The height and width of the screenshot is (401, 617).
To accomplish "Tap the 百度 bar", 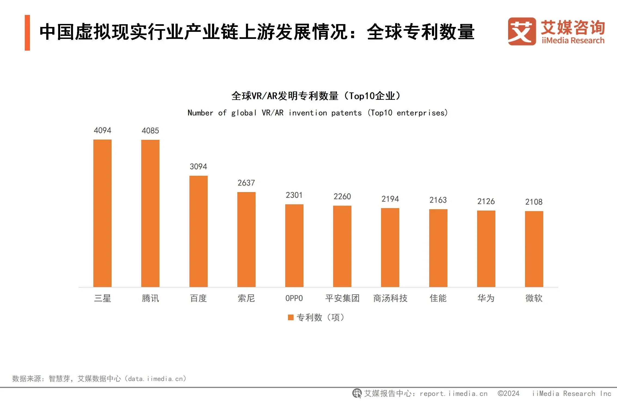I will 198,231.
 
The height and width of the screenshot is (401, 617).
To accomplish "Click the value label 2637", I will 246,183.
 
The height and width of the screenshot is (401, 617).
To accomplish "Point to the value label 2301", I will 294,195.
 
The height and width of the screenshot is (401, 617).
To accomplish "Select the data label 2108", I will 534,202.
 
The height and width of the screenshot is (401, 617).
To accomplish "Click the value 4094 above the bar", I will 102,130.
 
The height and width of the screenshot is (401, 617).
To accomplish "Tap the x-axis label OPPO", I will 294,298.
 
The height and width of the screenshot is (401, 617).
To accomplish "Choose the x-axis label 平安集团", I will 342,298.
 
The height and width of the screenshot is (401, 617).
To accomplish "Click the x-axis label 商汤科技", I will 390,298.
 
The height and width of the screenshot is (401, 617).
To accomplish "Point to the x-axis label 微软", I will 534,298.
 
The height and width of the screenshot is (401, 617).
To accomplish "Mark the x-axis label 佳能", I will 438,298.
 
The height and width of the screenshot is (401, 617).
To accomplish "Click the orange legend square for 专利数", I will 291,317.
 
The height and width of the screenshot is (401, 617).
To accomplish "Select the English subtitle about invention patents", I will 317,113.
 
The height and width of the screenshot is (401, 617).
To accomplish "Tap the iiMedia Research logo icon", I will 521,31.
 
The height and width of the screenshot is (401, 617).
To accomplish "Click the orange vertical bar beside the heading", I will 27,33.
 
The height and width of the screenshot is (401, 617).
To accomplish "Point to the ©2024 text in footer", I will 508,393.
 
